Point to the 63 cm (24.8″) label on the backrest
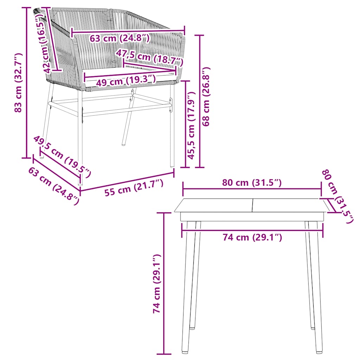pos(120,38)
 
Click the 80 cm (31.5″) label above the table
pos(252,183)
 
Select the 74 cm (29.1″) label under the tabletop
pos(252,238)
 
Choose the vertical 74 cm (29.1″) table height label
pos(157,284)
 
